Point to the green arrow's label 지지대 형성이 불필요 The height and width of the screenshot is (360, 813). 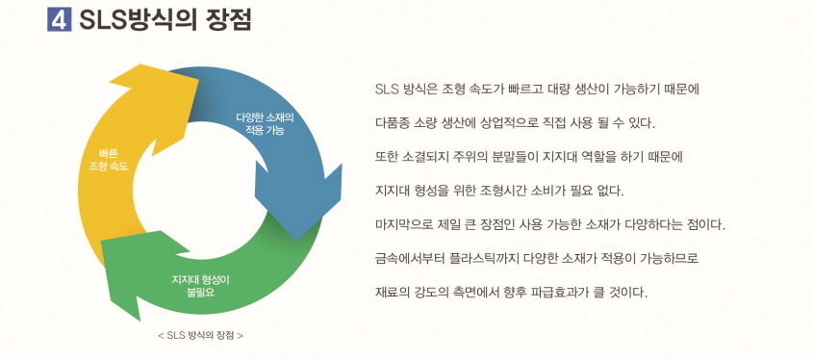tap(200, 285)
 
